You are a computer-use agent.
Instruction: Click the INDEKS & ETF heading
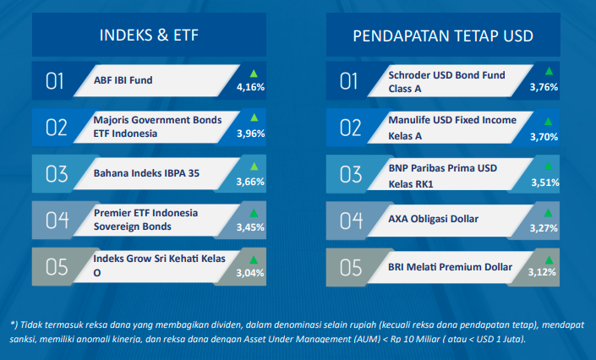click(x=149, y=35)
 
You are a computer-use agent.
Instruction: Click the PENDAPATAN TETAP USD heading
click(x=443, y=35)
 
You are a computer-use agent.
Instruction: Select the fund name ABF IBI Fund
click(x=123, y=80)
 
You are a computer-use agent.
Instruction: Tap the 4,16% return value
click(x=250, y=87)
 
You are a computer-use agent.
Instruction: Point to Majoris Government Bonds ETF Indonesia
click(x=157, y=127)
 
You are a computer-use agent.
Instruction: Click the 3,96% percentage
click(x=251, y=134)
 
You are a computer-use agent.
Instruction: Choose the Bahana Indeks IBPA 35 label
click(x=146, y=173)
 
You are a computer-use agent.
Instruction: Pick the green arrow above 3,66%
click(x=254, y=166)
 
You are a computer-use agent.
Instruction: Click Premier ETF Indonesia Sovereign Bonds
click(x=145, y=220)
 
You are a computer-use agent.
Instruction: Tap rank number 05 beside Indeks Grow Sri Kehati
click(x=57, y=267)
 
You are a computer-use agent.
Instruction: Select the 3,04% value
click(x=250, y=273)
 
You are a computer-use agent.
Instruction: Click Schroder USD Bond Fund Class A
click(x=446, y=82)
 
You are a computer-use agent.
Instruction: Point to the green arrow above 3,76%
click(x=549, y=71)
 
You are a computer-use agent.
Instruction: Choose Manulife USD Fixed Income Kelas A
click(x=452, y=128)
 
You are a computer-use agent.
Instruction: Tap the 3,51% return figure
click(x=545, y=183)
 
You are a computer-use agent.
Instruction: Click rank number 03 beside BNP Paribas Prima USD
click(x=351, y=174)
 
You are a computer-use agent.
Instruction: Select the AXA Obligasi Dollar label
click(x=434, y=219)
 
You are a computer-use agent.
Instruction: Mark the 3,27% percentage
click(x=544, y=228)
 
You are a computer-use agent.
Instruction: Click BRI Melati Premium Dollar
click(x=450, y=267)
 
